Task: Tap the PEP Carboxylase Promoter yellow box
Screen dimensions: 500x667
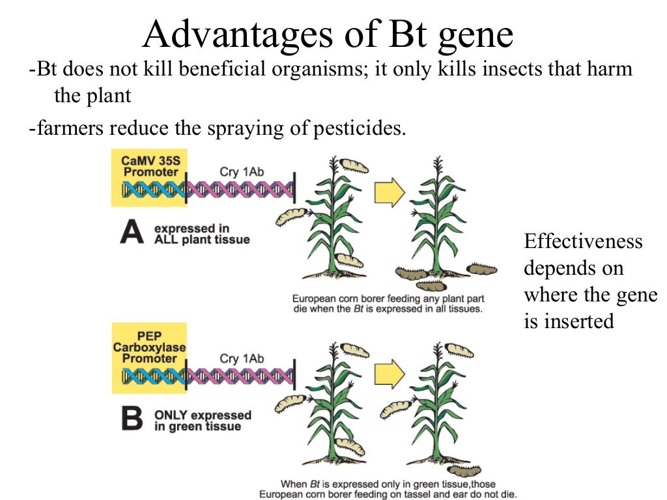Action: click(x=149, y=357)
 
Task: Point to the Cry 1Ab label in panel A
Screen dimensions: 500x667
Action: click(x=242, y=171)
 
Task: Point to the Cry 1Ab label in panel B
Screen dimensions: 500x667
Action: click(x=242, y=358)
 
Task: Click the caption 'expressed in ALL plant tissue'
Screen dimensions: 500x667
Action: click(x=201, y=234)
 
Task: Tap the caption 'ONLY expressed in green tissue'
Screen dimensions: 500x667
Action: click(x=202, y=421)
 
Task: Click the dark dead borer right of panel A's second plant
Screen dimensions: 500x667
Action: click(x=481, y=269)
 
